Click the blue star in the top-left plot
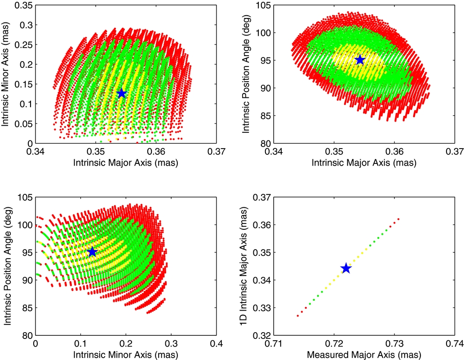[121, 93]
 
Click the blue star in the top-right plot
[360, 60]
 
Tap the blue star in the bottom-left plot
[92, 252]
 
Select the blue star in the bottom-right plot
[346, 268]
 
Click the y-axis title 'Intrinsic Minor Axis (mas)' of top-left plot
[8, 73]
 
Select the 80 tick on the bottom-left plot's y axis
[27, 335]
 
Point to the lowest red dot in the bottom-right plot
[298, 316]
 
